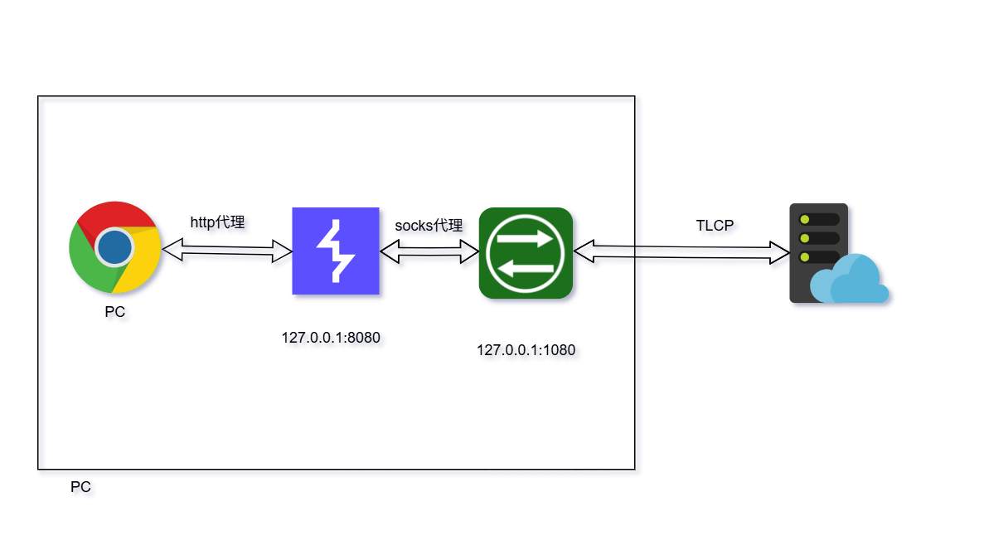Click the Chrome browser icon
coord(114,247)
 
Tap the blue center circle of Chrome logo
coord(114,247)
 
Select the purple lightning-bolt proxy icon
coord(336,251)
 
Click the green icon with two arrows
coord(526,253)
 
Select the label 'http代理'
coord(217,222)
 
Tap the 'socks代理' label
coord(428,225)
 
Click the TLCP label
coord(714,225)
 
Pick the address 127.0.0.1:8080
coord(330,338)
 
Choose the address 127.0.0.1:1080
coord(526,350)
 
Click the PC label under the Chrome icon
coord(114,313)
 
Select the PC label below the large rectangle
coord(80,487)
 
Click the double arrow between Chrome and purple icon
coord(227,250)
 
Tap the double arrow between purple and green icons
coord(429,251)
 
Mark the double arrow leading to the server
coord(681,251)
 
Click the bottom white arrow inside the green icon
coord(526,267)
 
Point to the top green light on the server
coord(803,219)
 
